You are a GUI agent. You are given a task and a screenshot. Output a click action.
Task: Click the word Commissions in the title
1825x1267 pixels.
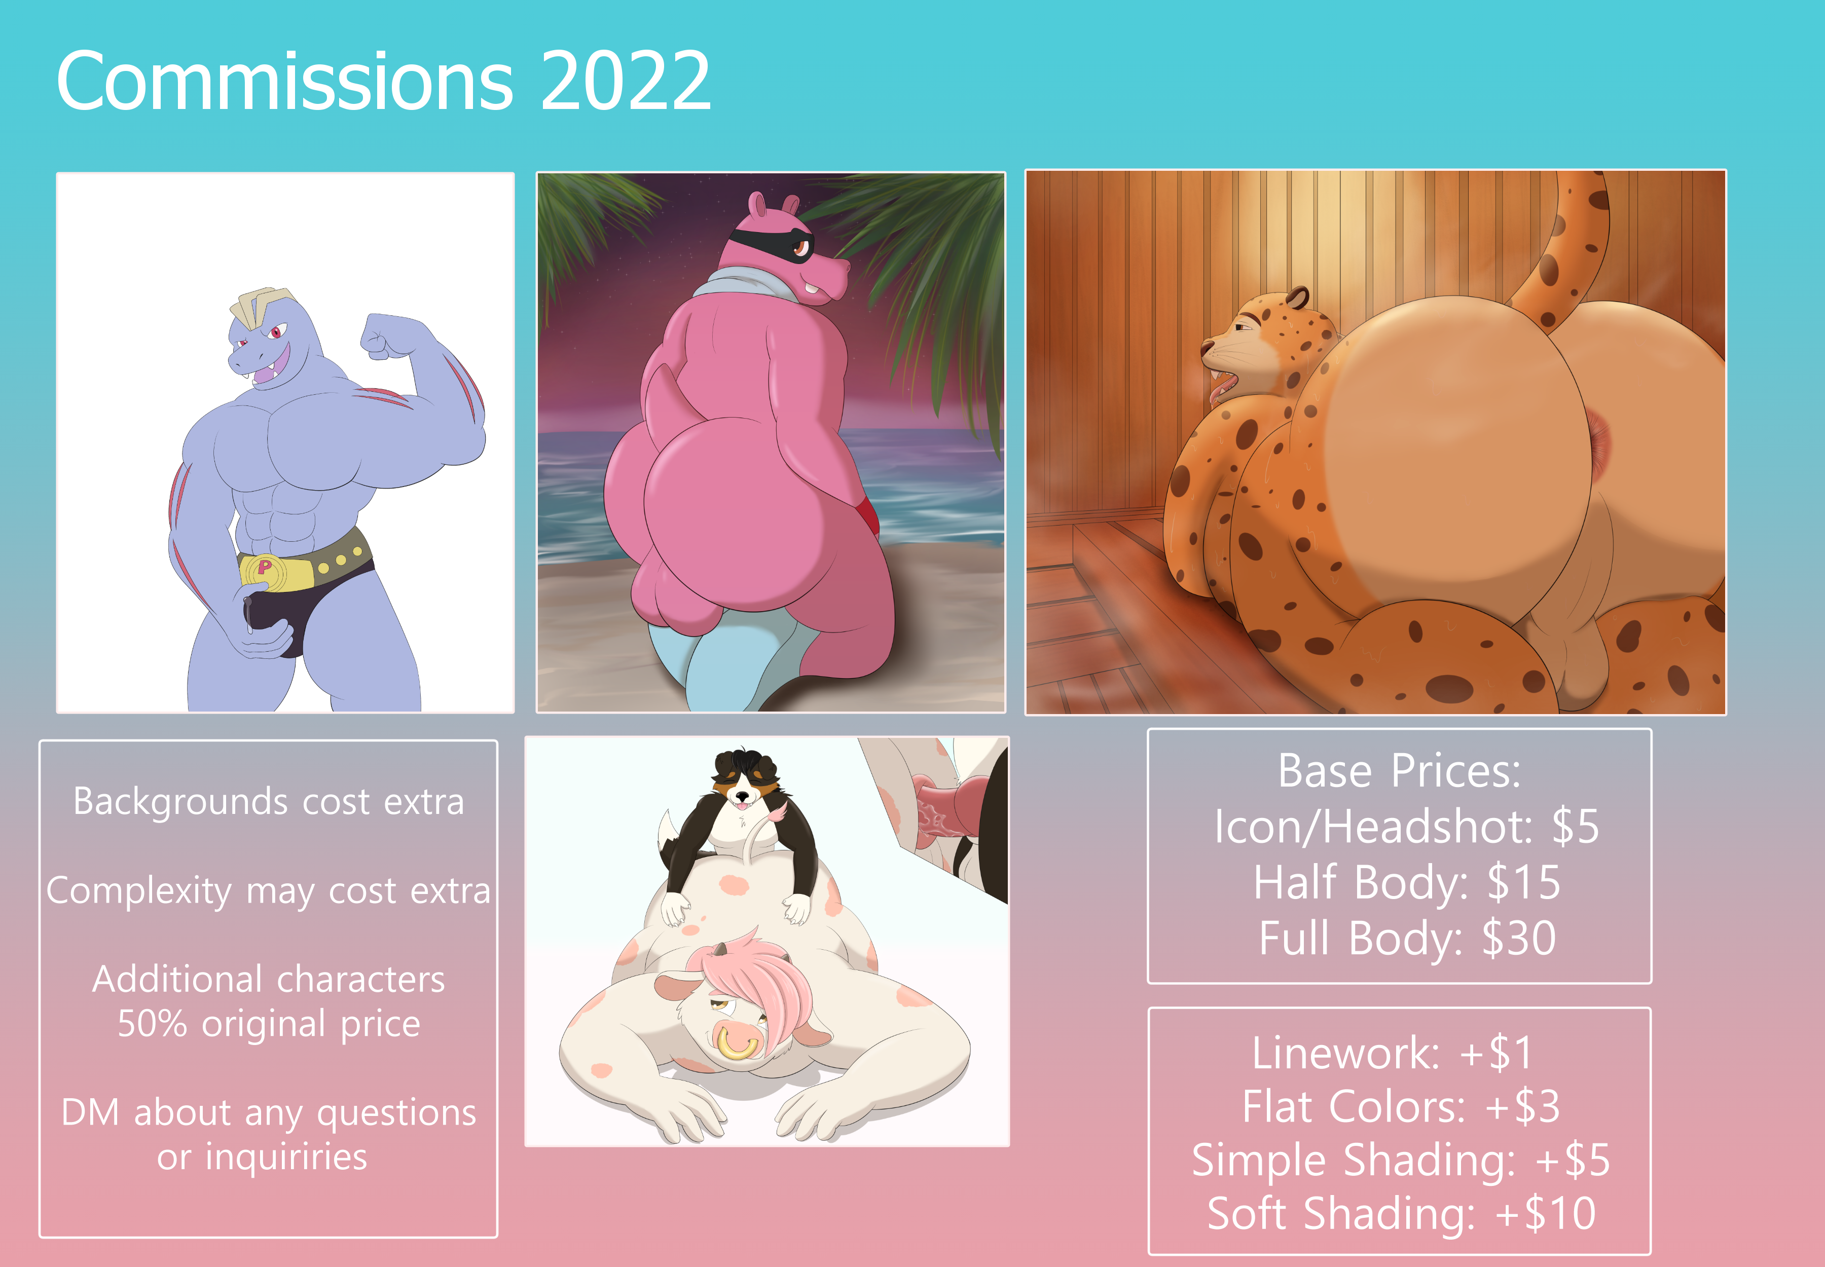tap(285, 81)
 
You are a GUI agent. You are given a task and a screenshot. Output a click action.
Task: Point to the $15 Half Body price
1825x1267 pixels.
tap(1523, 883)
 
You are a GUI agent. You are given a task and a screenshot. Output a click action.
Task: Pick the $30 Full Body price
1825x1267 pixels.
tap(1518, 939)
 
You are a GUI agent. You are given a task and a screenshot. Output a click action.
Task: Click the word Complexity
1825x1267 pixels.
tap(138, 891)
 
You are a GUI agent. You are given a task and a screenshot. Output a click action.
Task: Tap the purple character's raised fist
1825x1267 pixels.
tap(390, 335)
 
